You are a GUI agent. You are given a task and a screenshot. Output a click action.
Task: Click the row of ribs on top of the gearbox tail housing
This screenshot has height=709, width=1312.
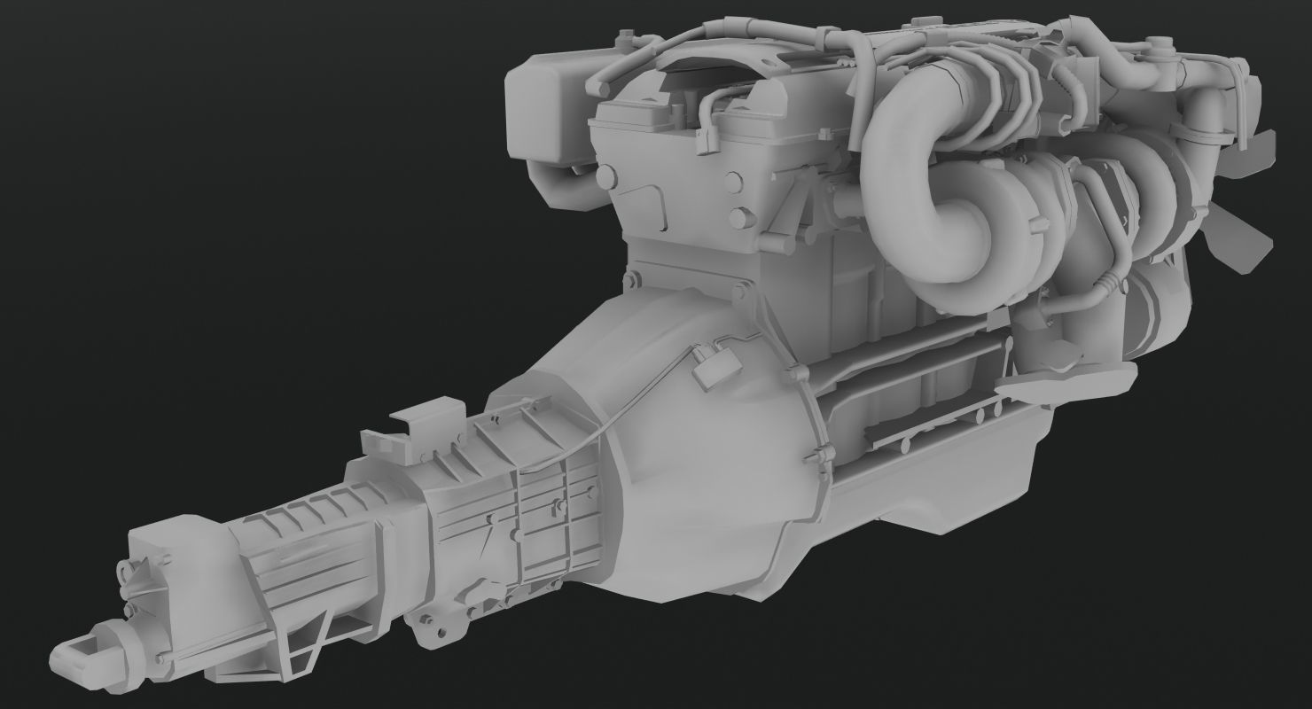(301, 514)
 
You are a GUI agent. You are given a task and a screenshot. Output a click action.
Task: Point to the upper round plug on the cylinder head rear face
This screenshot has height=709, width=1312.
(734, 183)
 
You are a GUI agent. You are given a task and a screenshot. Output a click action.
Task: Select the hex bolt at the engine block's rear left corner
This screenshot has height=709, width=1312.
(631, 282)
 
